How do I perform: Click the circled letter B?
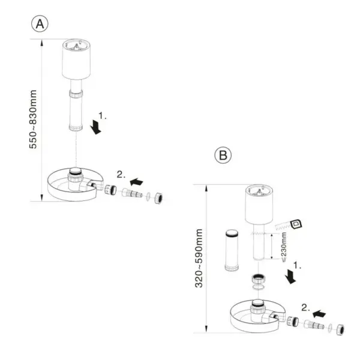(x=223, y=155)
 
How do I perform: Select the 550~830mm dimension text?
(x=34, y=121)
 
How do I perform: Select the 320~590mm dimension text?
(x=198, y=257)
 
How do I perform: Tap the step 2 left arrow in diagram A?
(x=137, y=179)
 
